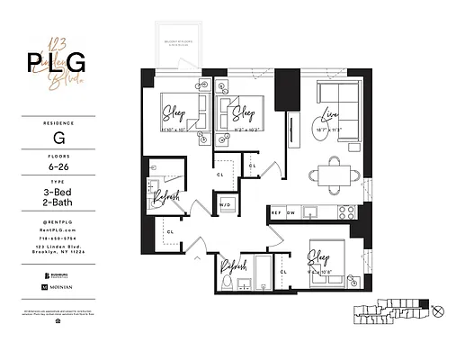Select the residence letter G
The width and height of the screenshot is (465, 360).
tap(58, 140)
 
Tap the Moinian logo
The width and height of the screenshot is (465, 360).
tap(58, 286)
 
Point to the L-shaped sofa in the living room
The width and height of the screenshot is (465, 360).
tap(338, 95)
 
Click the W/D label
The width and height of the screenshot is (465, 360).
tap(226, 206)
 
